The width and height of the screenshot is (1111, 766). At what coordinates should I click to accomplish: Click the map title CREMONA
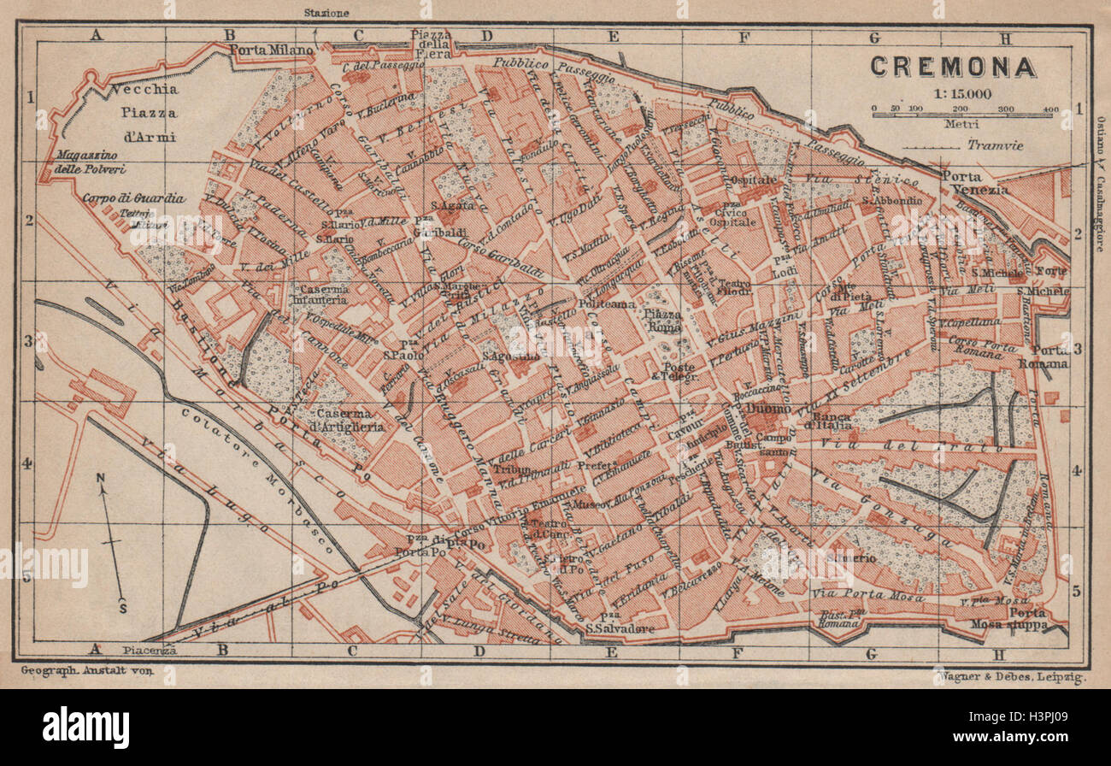(953, 68)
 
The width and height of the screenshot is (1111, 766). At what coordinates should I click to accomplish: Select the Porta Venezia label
(975, 182)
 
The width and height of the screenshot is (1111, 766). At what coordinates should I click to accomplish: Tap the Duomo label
(763, 409)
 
